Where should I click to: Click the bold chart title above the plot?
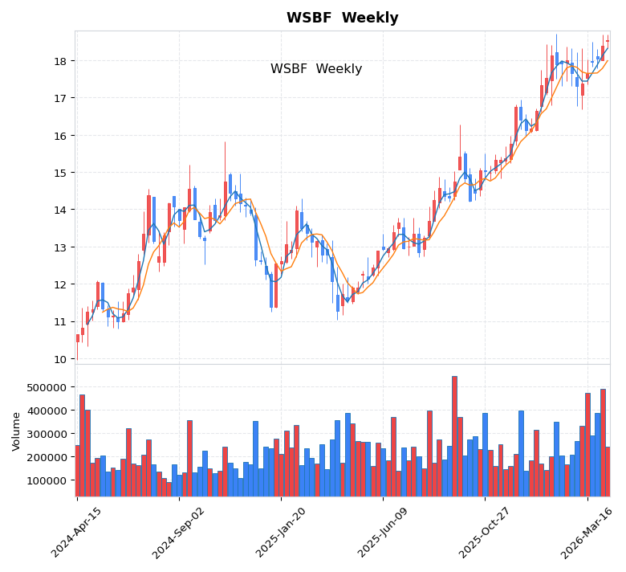tap(342, 18)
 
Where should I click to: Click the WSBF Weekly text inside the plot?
tap(316, 69)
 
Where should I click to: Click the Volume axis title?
tap(16, 431)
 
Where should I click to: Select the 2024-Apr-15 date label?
tap(77, 533)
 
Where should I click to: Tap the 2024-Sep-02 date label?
tap(178, 533)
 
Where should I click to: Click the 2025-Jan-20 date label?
tap(281, 533)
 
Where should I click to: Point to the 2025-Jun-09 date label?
tap(383, 533)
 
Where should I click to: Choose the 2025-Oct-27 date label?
tap(485, 533)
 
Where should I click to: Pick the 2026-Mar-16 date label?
tap(587, 533)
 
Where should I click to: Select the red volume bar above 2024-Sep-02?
tap(189, 458)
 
